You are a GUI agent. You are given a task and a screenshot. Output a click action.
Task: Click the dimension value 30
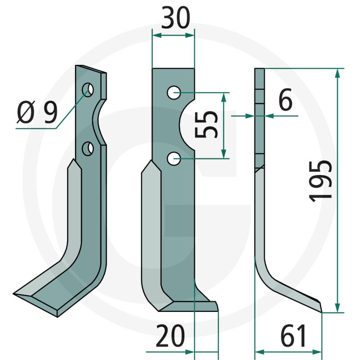(x=175, y=18)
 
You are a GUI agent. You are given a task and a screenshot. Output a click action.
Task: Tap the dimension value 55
(x=206, y=124)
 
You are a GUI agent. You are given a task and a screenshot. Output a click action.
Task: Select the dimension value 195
(x=320, y=181)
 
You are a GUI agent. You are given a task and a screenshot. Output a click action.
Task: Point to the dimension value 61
(x=293, y=335)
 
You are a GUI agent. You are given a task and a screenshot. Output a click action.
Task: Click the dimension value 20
(x=170, y=336)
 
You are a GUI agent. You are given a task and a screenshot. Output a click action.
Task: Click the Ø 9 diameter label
(x=37, y=112)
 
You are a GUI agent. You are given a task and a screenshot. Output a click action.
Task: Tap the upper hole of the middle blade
(x=174, y=93)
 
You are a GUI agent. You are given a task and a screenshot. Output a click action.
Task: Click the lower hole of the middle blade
(x=174, y=158)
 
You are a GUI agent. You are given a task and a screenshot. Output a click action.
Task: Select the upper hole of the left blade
(x=88, y=90)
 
